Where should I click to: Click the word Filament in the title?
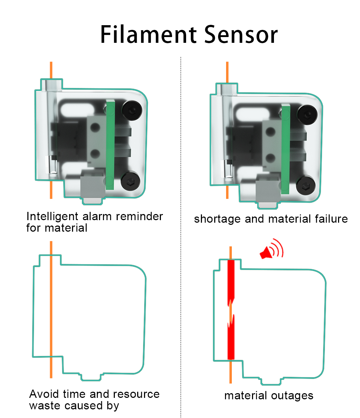[x=148, y=35]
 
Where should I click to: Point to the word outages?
[x=292, y=396]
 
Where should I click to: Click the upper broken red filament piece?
[x=231, y=281]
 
